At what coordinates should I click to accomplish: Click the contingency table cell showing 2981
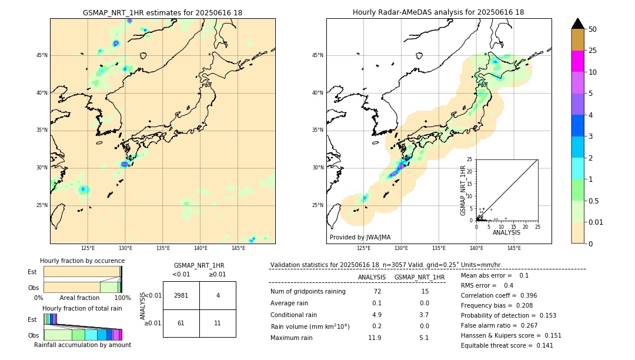click(x=181, y=295)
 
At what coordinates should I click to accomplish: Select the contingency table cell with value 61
click(x=181, y=324)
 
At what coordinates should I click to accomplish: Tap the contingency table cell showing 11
click(x=218, y=324)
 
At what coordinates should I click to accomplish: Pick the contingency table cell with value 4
click(x=218, y=295)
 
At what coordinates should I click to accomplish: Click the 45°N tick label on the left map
click(x=42, y=55)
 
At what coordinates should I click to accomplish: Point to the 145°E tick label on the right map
click(x=514, y=248)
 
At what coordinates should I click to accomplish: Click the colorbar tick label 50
click(x=593, y=29)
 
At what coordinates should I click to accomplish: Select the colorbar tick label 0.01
click(x=596, y=222)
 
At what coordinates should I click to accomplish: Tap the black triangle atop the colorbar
click(x=578, y=24)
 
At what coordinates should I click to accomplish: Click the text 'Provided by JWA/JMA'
click(x=360, y=238)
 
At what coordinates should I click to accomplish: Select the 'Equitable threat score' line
click(x=507, y=345)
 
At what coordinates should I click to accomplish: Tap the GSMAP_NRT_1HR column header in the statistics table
click(x=419, y=277)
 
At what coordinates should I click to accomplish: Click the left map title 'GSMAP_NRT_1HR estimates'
click(x=162, y=12)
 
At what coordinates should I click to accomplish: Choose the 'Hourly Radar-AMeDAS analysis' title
click(x=438, y=12)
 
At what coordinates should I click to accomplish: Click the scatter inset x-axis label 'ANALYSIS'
click(x=506, y=232)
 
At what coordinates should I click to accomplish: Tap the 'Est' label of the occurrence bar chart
click(x=32, y=272)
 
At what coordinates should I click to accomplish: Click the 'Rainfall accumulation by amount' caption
click(x=82, y=345)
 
